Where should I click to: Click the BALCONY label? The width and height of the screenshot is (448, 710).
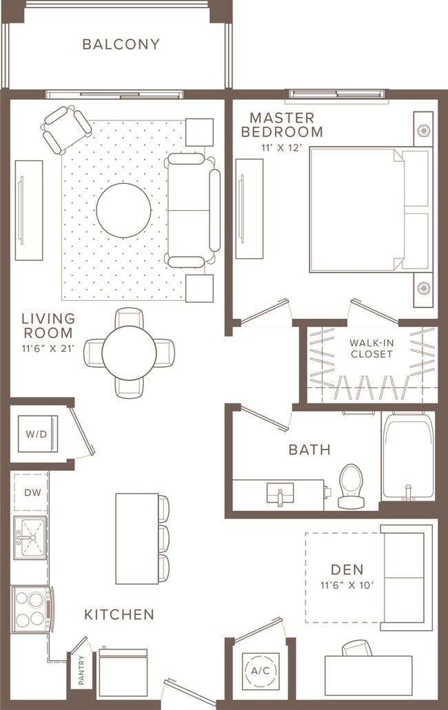coord(121,44)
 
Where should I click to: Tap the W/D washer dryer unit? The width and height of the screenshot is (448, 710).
coord(37,434)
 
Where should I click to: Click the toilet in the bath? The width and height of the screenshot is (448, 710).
coord(351,485)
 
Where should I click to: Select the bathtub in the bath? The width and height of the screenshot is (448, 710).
coord(408,456)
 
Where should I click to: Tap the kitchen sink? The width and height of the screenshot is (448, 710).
coord(30,537)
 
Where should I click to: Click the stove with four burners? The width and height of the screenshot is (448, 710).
coord(31,609)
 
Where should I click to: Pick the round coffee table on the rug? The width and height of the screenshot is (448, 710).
coord(123,210)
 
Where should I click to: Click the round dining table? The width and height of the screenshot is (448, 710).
coord(129,353)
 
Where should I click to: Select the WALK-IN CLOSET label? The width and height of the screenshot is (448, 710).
coord(371,348)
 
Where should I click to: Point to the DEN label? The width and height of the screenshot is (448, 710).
coord(347,570)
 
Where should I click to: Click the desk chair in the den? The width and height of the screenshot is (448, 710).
coord(356,648)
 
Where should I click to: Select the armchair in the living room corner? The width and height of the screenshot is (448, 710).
coord(66,129)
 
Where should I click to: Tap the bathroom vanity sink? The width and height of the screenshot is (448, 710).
coord(280,493)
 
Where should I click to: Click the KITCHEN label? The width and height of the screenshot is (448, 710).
coord(119,614)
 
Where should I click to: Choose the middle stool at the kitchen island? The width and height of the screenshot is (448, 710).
coord(163,539)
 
